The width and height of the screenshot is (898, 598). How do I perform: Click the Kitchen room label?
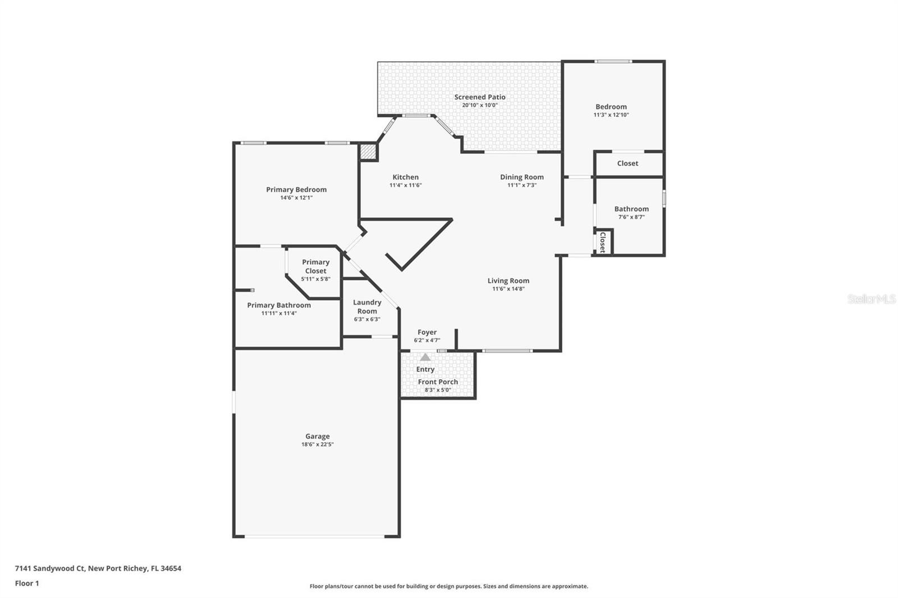405,177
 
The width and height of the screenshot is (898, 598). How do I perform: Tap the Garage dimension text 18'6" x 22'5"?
317,444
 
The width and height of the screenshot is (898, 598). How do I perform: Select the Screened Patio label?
480,97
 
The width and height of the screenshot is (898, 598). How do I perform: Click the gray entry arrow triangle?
425,357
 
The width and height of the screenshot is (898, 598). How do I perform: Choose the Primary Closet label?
315,266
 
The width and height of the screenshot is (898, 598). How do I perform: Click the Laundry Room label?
367,307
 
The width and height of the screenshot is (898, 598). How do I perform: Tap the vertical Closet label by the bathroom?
603,242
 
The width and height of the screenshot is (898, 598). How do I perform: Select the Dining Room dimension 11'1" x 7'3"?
522,185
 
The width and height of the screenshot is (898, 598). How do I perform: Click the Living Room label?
508,280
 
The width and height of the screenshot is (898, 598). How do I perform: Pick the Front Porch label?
438,382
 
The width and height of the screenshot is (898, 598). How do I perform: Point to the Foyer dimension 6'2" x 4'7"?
427,340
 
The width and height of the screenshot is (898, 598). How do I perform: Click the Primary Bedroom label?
296,190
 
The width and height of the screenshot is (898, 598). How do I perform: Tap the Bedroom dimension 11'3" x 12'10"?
611,115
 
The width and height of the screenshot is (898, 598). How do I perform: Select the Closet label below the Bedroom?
627,163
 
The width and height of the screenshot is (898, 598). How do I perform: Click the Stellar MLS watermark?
871,299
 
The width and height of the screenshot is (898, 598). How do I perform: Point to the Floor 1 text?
27,583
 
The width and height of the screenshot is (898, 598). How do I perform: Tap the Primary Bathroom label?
279,305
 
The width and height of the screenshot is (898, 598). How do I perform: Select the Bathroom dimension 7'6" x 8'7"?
631,217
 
